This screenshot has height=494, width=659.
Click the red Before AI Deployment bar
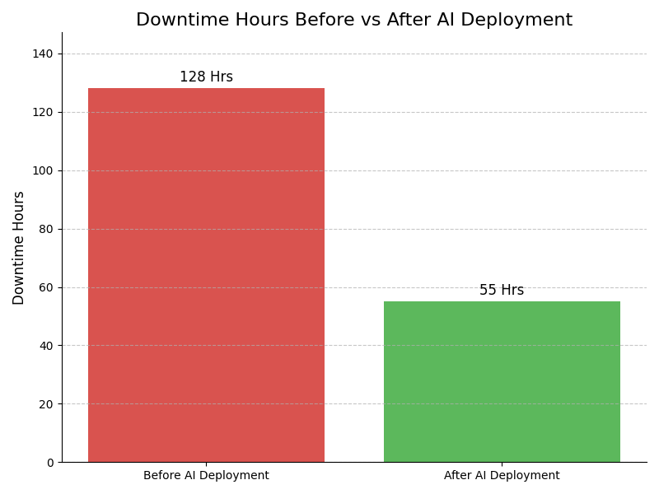coord(206,275)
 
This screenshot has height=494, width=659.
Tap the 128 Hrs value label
coord(206,77)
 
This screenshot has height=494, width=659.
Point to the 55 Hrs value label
coord(502,291)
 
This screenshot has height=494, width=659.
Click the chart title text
coord(354,21)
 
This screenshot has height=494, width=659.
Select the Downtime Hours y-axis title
coord(19,248)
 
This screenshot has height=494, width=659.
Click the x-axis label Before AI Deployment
coord(206,476)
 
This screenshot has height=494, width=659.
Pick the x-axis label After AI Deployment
coord(502,476)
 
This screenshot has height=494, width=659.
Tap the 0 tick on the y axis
coord(50,463)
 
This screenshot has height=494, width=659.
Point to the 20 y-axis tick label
coord(47,404)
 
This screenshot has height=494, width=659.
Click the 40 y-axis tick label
coord(47,346)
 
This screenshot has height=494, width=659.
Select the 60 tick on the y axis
coord(47,287)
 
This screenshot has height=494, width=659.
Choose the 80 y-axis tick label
coord(47,229)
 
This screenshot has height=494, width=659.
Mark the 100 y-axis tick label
coord(44,170)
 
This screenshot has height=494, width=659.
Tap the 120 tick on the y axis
coord(44,112)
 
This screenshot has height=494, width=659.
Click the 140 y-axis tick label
coord(44,54)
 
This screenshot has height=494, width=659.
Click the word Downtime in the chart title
coord(176,21)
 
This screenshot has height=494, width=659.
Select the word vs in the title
coord(344,21)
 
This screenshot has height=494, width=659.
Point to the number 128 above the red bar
coord(194,77)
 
